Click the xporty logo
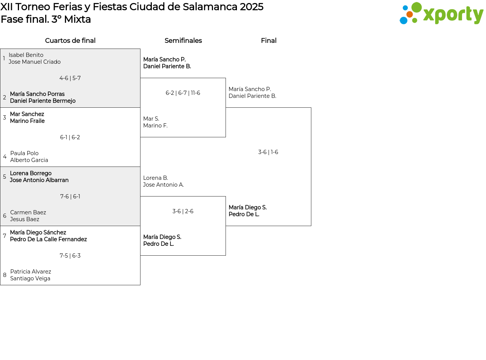[x=441, y=13]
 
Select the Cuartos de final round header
[x=70, y=41]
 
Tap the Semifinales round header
[x=183, y=41]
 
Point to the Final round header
[x=269, y=41]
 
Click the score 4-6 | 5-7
[x=70, y=78]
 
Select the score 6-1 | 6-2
[x=70, y=137]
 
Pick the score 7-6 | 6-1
[x=70, y=197]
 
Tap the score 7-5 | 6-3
[x=70, y=256]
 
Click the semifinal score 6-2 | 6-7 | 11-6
[x=183, y=93]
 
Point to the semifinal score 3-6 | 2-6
[x=183, y=211]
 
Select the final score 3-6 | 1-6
[x=268, y=152]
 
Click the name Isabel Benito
[x=26, y=55]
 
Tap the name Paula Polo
[x=24, y=153]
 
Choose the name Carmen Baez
[x=28, y=212]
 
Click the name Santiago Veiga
[x=30, y=278]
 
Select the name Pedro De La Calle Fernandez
[x=49, y=239]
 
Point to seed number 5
[x=5, y=177]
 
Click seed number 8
[x=5, y=275]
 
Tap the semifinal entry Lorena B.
[x=156, y=178]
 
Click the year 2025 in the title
[x=252, y=7]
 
